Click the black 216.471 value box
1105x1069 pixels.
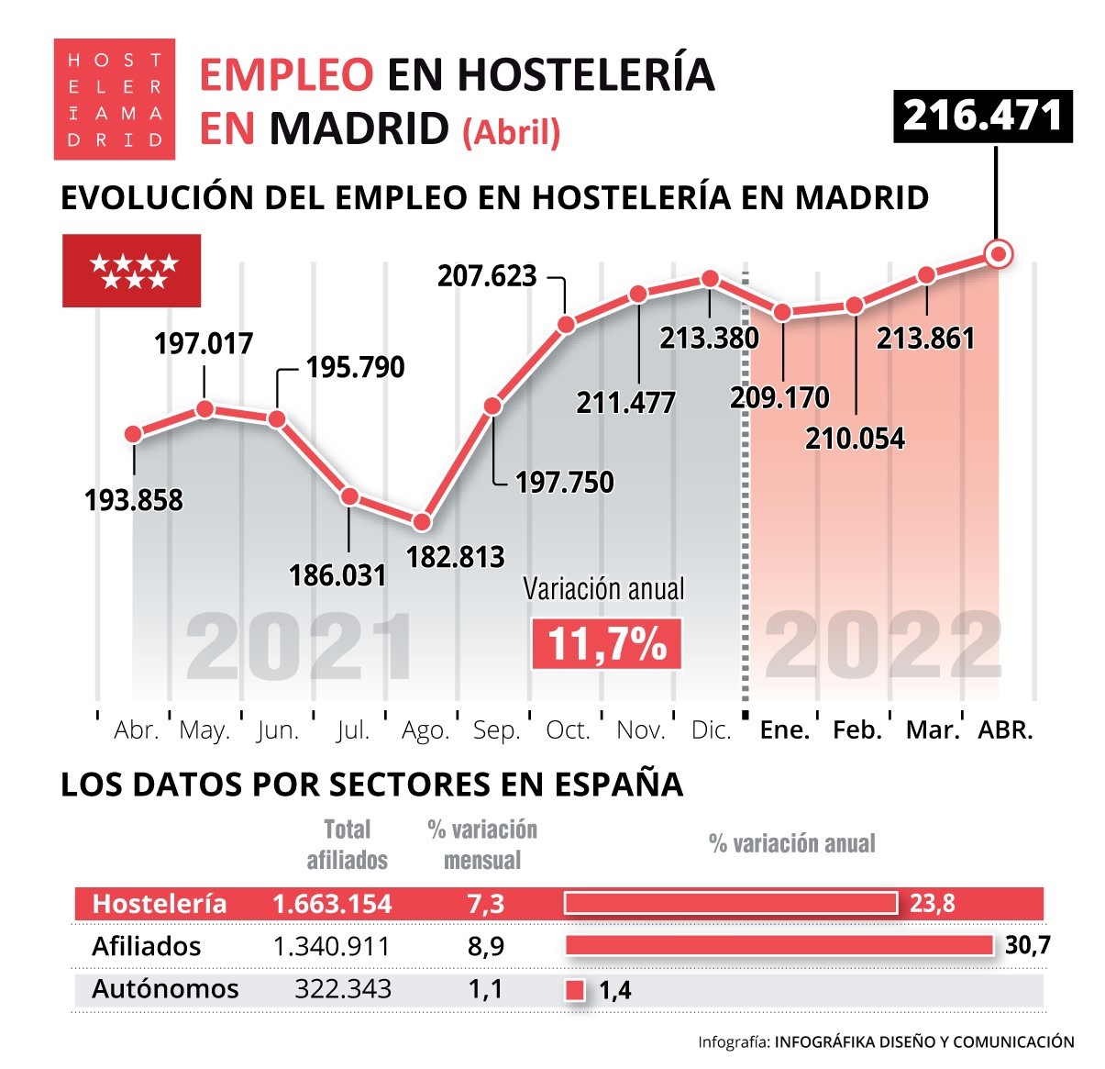point(982,116)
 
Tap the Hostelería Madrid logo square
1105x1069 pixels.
point(114,99)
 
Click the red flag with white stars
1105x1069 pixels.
point(131,271)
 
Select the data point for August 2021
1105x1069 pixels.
point(422,521)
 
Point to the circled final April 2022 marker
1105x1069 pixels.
point(998,253)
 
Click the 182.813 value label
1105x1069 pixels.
point(455,557)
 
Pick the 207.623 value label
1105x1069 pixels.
point(487,275)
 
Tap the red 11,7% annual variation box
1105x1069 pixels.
point(607,643)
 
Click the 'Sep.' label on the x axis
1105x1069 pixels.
point(496,730)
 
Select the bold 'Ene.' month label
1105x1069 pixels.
point(784,730)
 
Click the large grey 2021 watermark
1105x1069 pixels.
point(300,648)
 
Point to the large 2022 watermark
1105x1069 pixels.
point(882,648)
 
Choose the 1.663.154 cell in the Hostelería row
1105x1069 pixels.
point(332,904)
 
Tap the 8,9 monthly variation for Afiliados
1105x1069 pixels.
point(485,946)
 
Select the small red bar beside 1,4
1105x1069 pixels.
point(575,990)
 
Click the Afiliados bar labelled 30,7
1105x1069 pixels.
point(779,945)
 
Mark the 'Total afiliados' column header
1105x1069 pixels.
point(347,845)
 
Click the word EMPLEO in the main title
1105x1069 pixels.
point(286,75)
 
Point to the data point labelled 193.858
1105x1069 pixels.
point(134,434)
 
